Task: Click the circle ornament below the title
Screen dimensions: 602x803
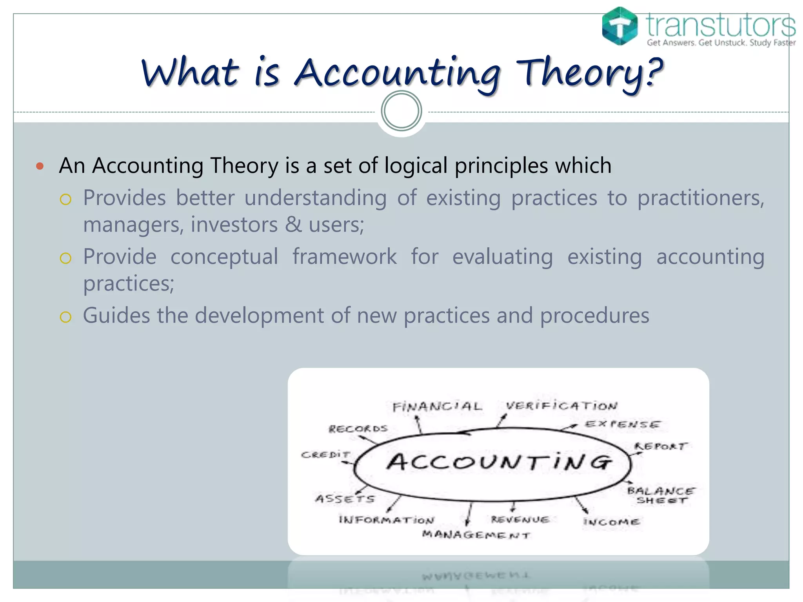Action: point(401,111)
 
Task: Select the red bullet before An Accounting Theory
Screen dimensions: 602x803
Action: point(40,166)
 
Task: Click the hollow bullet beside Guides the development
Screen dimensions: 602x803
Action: point(65,317)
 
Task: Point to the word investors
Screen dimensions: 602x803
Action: point(234,225)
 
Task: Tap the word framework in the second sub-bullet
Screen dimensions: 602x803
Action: point(344,257)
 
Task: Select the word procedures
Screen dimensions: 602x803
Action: point(594,316)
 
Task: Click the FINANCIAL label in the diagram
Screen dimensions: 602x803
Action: point(437,406)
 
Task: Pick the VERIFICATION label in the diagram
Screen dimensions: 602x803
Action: point(561,406)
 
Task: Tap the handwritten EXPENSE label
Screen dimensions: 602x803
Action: point(622,424)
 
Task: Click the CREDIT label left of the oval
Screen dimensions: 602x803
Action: point(325,455)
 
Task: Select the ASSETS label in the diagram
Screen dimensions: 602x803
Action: point(345,499)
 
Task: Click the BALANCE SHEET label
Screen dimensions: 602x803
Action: point(661,495)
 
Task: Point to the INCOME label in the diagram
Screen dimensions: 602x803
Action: point(611,522)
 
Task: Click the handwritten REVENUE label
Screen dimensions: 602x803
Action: point(520,520)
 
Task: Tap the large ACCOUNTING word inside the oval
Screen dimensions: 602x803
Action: point(499,462)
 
